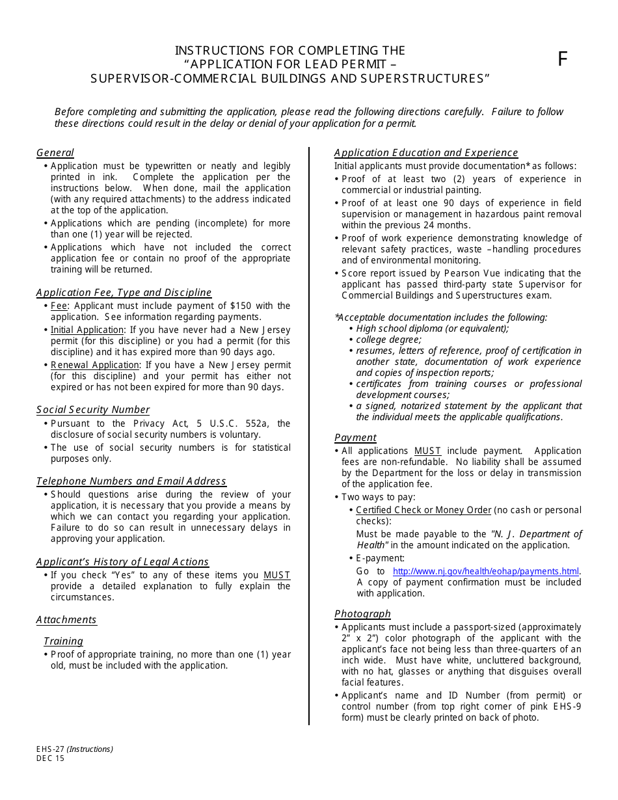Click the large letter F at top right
pos(563,59)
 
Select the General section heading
pos(55,153)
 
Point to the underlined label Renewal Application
pos(95,365)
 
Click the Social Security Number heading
pos(93,410)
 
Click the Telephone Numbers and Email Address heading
pos(131,481)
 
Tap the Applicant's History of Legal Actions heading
pos(122,562)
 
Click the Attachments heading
pos(66,620)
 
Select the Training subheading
pos(63,641)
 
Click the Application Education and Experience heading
pos(426,153)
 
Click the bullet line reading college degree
pos(389,340)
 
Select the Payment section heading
pos(355,438)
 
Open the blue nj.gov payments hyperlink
pos(486,571)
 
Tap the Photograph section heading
pos(362,614)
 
